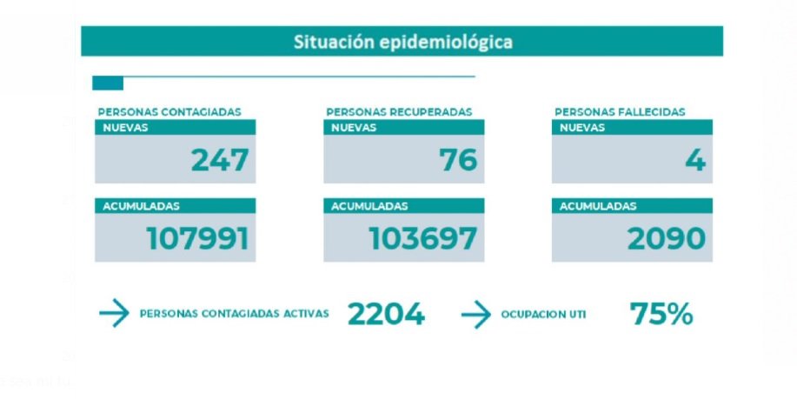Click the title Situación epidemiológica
(x=402, y=42)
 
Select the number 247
(x=220, y=160)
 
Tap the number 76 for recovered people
(x=457, y=160)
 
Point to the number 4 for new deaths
(x=694, y=160)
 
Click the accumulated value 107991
(x=197, y=238)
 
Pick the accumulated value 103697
(x=423, y=238)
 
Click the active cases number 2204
(x=386, y=314)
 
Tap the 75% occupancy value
(x=661, y=314)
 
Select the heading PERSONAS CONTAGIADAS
(x=169, y=111)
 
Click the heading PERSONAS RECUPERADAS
(x=399, y=111)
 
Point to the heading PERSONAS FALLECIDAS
(x=620, y=111)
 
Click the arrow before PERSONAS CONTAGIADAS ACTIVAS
(x=114, y=314)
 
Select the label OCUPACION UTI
(x=543, y=315)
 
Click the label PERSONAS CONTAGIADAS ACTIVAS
(x=234, y=314)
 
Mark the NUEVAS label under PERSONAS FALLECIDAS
(x=581, y=127)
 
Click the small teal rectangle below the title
(x=108, y=83)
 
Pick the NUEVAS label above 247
(x=125, y=127)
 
